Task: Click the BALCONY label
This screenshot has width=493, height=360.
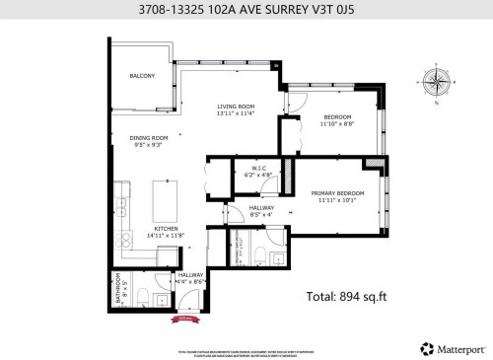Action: [142, 76]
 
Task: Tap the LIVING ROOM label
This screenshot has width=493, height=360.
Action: [236, 106]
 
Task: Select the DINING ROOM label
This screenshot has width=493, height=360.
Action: [149, 138]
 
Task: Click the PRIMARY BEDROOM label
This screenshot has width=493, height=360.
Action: [338, 192]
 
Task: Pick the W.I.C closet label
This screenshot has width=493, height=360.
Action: [259, 168]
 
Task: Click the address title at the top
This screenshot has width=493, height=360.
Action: [246, 11]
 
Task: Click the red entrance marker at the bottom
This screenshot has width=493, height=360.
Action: [183, 319]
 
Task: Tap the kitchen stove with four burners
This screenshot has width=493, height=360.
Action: [124, 237]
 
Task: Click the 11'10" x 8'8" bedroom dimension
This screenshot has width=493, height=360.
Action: [336, 126]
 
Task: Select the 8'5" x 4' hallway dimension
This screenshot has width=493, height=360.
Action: [261, 214]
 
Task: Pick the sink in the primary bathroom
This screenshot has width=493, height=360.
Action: [276, 255]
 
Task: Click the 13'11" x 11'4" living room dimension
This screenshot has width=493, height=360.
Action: [236, 113]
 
